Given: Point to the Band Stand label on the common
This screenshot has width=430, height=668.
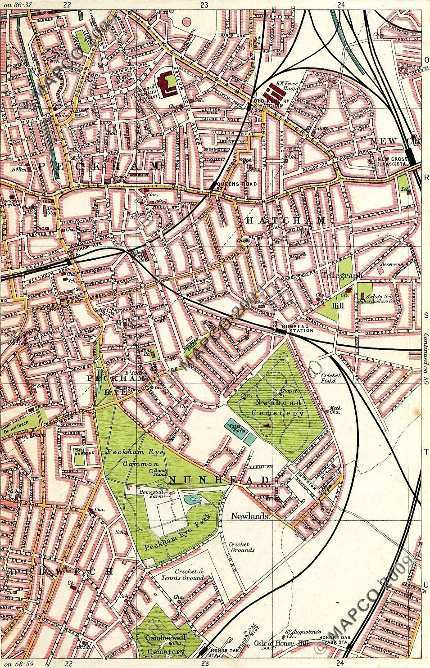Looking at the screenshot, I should coord(156,474).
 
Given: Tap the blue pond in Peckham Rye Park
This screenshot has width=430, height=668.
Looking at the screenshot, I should coord(191,499).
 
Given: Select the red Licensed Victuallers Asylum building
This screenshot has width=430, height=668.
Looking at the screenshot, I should coord(165,82).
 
